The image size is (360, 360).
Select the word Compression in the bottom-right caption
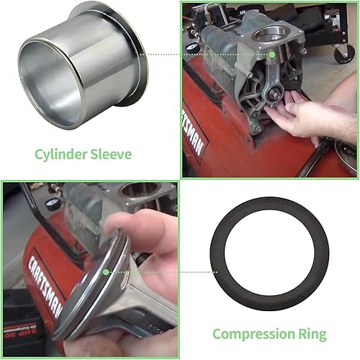click(254, 333)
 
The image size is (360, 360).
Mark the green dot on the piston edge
click(106, 271)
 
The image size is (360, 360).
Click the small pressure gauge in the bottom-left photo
click(51, 204)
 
